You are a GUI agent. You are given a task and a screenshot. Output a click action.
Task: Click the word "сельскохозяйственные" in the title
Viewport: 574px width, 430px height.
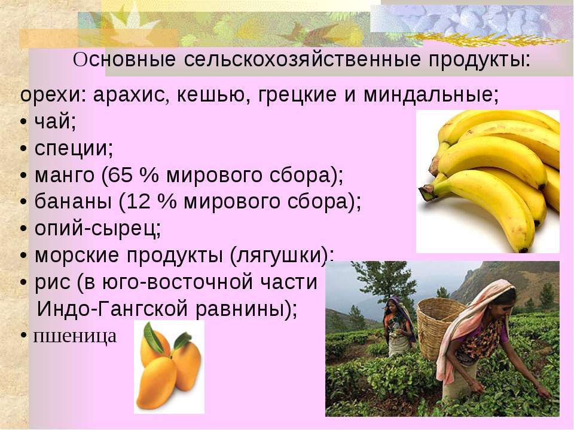point(303,60)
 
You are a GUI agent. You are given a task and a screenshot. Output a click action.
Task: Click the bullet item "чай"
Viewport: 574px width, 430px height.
point(55,121)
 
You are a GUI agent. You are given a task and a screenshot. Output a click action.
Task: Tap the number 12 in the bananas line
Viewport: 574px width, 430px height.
point(138,202)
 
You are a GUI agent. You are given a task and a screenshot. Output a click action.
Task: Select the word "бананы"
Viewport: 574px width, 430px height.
point(73,202)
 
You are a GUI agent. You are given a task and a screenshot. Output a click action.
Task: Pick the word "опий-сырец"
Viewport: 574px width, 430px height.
point(97,229)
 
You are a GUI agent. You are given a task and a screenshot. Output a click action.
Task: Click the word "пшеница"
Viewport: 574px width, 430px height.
point(75,336)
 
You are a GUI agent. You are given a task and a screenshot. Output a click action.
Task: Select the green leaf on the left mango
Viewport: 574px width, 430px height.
point(154,336)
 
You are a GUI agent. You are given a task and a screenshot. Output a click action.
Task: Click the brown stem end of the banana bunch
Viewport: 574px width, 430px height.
point(427,192)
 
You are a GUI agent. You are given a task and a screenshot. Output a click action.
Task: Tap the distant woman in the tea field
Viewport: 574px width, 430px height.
point(398,326)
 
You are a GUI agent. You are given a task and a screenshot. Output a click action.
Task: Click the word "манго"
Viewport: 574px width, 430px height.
point(65,176)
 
